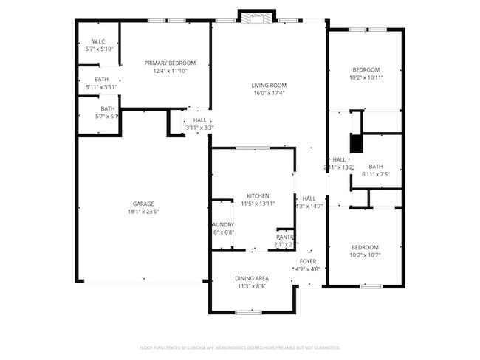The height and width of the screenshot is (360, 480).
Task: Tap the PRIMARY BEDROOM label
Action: [x=170, y=63]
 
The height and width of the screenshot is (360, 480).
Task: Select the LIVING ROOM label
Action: [x=268, y=85]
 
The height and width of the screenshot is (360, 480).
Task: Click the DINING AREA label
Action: [x=252, y=278]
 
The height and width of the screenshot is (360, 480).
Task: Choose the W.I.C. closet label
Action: [x=100, y=41]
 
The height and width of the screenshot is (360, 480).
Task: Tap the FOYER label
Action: [x=308, y=261]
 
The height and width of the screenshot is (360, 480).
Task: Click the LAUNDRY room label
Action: [x=223, y=224]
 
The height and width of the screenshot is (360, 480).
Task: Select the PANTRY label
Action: [x=285, y=237]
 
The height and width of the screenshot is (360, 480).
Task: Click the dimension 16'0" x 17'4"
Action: [x=268, y=93]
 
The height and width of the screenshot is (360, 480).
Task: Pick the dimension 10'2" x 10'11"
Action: [x=366, y=77]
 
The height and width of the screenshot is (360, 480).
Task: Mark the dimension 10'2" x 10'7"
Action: [x=365, y=255]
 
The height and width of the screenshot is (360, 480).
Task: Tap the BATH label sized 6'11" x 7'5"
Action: [x=376, y=166]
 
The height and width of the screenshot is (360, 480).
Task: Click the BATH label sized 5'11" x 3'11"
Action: [x=101, y=79]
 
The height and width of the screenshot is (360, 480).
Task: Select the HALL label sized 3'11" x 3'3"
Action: [x=199, y=120]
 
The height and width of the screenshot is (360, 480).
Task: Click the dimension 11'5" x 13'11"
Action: [x=258, y=204]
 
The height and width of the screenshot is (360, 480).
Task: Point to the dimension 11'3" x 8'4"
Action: [x=252, y=286]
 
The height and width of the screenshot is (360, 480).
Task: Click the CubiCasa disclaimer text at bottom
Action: [x=239, y=347]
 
